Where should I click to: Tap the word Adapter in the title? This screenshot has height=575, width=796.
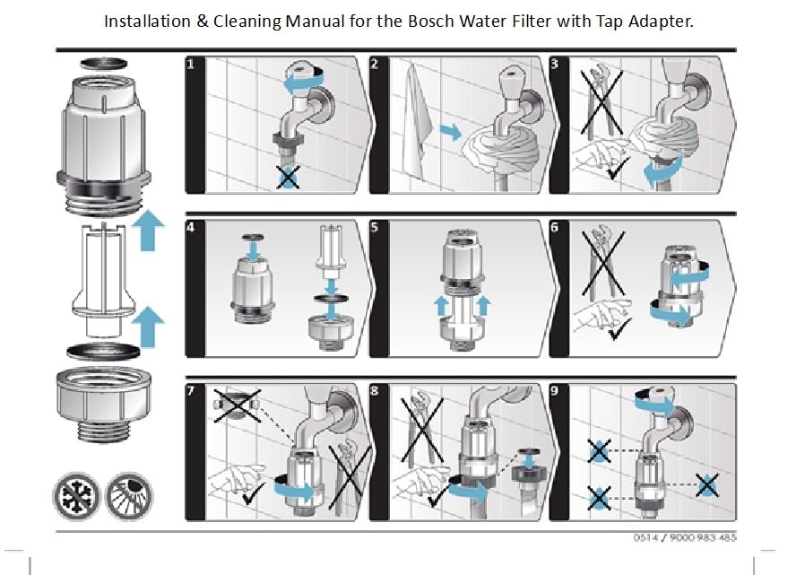coord(661,22)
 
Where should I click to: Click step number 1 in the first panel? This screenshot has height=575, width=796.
coord(191,65)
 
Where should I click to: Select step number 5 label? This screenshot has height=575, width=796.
coord(374,227)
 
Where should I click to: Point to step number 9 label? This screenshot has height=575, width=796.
coord(554,390)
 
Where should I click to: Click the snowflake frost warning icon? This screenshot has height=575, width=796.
coord(77,496)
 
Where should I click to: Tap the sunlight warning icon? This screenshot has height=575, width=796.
coord(129,496)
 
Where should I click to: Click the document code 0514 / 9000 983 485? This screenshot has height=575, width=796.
coord(684,537)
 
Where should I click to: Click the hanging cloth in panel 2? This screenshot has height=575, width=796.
coord(418,122)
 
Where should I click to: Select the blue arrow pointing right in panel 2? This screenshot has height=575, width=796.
coord(450,132)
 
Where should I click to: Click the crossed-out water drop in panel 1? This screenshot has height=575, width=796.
coord(288,178)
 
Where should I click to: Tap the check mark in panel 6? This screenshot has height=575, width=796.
coord(619,328)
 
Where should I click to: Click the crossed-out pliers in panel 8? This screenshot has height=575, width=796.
coord(422,428)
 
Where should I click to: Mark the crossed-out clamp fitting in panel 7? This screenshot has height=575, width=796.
coord(237,405)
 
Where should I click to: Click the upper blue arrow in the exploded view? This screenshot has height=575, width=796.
coord(148,230)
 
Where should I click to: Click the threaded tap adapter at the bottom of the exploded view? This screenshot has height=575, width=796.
coord(104,405)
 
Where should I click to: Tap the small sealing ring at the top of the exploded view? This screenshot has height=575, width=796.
coord(104,64)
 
